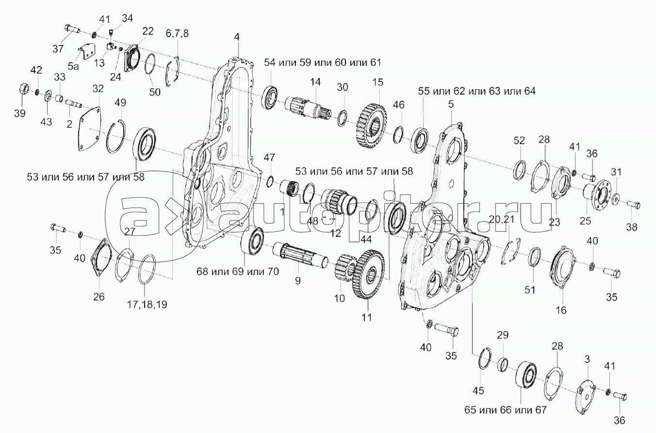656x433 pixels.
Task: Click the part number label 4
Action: pos(236,37)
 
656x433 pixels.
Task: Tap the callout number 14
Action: pos(315,82)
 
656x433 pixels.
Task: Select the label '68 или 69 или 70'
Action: pos(238,272)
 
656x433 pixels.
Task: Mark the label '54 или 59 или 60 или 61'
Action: pos(323,63)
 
